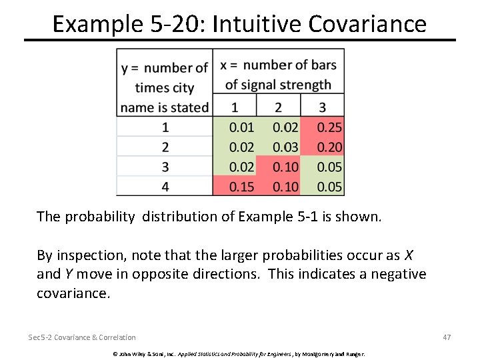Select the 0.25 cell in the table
point(329,127)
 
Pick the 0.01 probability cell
point(241,127)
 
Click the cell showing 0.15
point(241,187)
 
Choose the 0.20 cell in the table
point(329,147)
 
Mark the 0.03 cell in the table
point(286,147)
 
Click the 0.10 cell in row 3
point(286,167)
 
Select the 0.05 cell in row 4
point(329,187)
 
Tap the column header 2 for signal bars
point(279,107)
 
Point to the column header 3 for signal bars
point(323,107)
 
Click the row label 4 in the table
point(165,187)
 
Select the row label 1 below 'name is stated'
point(165,127)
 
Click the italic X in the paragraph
point(409,255)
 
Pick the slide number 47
point(447,337)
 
